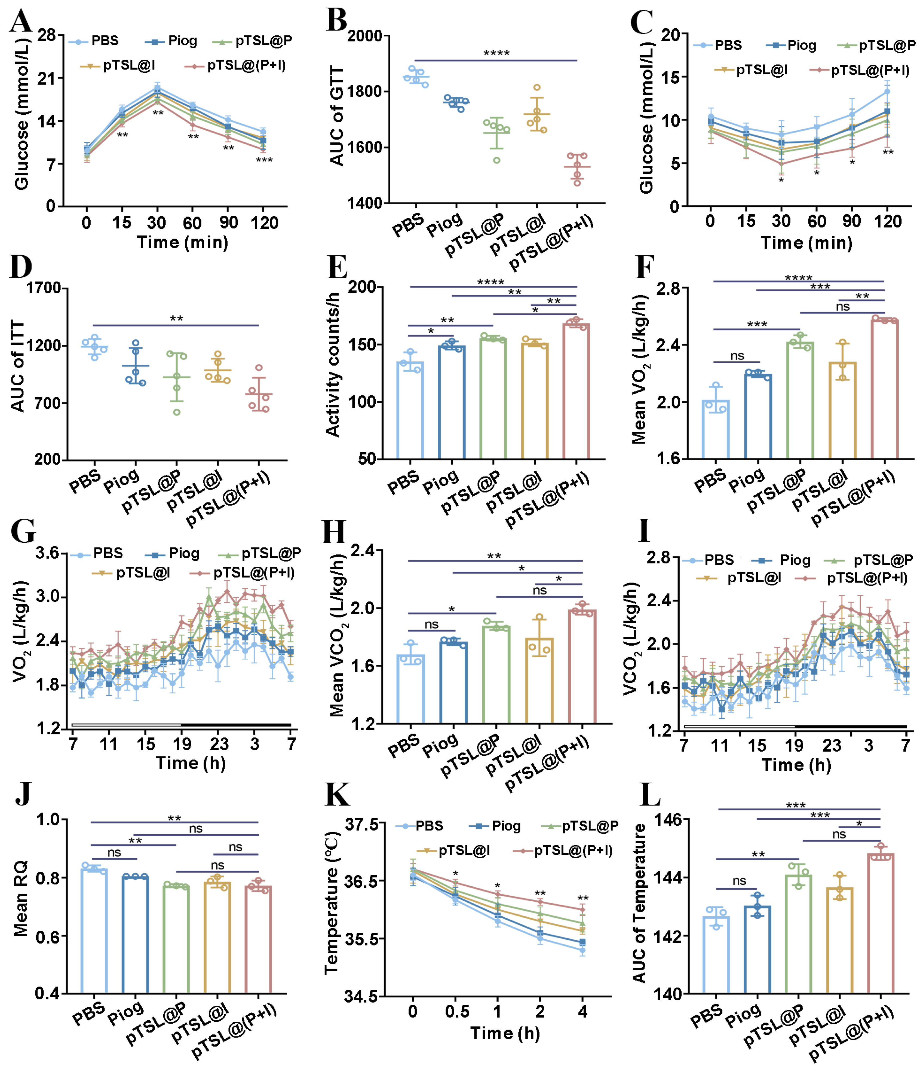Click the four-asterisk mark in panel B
click(x=496, y=54)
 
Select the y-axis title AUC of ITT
click(x=18, y=366)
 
